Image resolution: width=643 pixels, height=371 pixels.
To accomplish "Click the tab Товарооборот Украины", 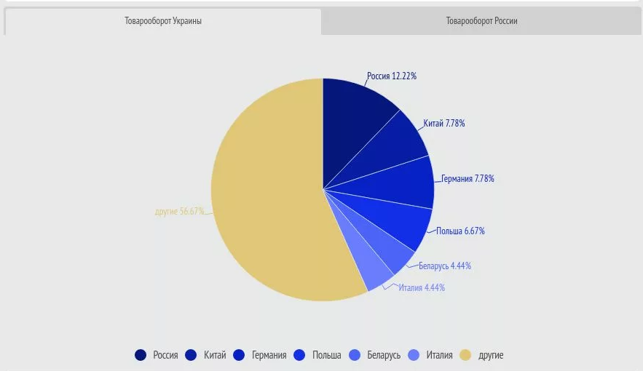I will click(162, 21).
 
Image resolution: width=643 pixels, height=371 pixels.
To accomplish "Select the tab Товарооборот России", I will click(481, 21).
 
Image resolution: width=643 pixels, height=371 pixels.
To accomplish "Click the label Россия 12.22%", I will click(392, 76).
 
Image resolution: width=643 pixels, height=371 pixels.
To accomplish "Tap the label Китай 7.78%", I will click(444, 124).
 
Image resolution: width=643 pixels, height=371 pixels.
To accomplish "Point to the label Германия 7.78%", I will click(468, 179).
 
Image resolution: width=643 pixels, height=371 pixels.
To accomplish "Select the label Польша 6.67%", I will click(460, 231).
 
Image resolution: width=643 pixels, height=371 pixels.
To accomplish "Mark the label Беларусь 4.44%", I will click(445, 266).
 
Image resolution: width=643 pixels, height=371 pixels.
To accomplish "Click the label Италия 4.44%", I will click(422, 287).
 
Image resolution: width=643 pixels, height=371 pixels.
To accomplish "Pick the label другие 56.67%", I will click(180, 212).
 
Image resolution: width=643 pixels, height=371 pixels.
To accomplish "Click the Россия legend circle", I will click(141, 355).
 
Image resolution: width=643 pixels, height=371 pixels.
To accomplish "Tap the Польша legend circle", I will click(299, 355).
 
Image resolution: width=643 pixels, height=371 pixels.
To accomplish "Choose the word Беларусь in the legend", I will click(384, 355).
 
